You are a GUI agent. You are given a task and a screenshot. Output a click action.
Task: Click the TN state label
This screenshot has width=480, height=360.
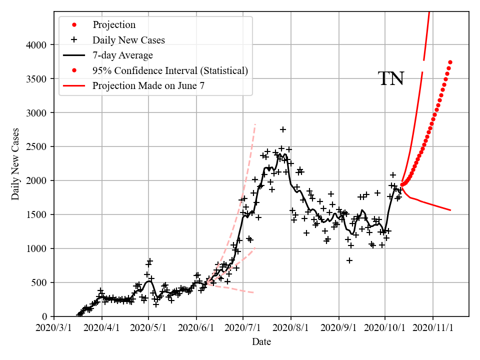(390, 79)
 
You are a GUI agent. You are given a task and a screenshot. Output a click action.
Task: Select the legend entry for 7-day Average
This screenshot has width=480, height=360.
(122, 55)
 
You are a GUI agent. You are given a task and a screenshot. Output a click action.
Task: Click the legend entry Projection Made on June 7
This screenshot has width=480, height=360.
(148, 86)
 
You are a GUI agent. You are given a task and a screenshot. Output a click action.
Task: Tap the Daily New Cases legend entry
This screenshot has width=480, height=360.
(128, 39)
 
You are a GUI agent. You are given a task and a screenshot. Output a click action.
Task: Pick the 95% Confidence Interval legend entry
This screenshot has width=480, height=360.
(170, 70)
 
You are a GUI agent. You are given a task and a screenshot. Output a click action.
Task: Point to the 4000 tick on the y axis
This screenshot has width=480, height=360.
(36, 45)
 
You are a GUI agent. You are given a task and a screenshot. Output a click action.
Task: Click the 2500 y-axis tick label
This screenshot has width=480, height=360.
(36, 146)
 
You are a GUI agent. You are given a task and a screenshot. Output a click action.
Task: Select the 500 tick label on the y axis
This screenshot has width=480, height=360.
(39, 282)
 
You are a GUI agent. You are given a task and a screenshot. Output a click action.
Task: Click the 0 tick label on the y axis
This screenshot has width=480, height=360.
(44, 316)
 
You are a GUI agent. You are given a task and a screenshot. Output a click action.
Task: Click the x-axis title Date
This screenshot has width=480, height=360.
(261, 342)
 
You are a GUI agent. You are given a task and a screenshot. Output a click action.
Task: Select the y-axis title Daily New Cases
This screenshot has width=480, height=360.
(15, 163)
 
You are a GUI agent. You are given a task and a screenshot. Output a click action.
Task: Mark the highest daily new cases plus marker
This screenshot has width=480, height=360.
(283, 129)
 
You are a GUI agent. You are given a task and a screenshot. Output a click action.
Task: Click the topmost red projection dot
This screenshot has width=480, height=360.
(450, 62)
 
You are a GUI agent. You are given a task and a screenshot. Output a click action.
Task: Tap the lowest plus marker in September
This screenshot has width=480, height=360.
(349, 260)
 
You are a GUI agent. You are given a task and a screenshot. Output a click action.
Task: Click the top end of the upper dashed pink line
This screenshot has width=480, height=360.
(255, 123)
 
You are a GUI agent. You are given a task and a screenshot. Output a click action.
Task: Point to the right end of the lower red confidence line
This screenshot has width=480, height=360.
(450, 210)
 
